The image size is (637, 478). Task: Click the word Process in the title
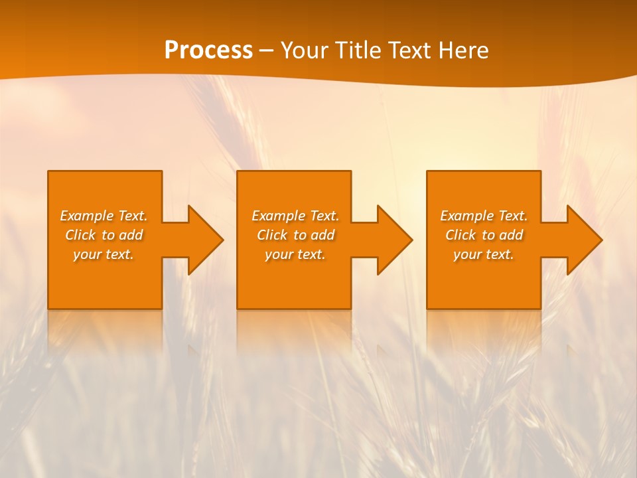[208, 50]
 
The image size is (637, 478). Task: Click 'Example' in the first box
[87, 216]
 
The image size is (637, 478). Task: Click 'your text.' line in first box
[104, 255]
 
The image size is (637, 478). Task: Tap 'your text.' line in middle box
[295, 255]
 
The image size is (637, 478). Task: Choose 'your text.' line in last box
[484, 255]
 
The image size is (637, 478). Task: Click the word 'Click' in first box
[80, 236]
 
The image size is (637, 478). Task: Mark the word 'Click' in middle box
[272, 236]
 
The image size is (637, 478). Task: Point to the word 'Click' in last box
[460, 236]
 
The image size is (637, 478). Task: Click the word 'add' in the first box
[131, 236]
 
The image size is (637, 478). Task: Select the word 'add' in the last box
[512, 236]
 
